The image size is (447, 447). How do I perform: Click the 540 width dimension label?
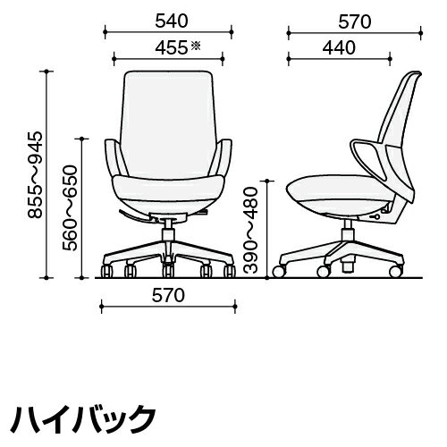[x=172, y=21]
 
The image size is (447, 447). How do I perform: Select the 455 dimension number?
[x=172, y=47]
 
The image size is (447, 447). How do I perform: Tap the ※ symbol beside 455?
[x=196, y=46]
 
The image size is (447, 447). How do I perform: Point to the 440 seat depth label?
[x=339, y=47]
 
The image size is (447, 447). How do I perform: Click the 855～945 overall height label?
[x=35, y=175]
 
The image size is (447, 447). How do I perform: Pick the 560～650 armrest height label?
[x=70, y=207]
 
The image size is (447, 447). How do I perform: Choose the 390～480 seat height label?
[x=250, y=230]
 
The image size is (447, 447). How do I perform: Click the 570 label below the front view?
[x=168, y=295]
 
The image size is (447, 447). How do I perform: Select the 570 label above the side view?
[x=355, y=21]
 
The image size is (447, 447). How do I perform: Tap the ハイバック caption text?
[x=84, y=419]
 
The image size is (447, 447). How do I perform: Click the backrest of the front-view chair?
[x=168, y=123]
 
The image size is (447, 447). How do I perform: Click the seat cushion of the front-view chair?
[x=168, y=187]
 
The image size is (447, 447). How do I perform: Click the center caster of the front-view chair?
[x=168, y=271]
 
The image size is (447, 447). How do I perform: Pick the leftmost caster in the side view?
[x=279, y=271]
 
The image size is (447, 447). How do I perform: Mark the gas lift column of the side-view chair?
[x=347, y=231]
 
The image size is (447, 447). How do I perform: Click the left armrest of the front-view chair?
[x=114, y=158]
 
